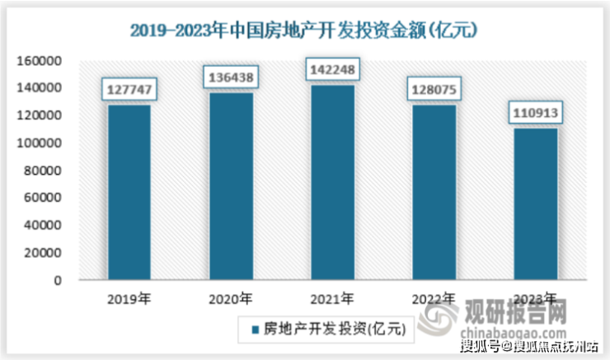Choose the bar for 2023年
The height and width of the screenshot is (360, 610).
click(x=534, y=203)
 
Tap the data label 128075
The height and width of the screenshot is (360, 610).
click(x=434, y=89)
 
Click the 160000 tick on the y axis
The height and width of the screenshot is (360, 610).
click(x=40, y=61)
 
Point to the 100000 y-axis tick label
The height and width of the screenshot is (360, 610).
click(x=40, y=143)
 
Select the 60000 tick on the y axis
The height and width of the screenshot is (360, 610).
click(x=44, y=198)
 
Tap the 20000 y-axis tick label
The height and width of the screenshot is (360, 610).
click(x=44, y=252)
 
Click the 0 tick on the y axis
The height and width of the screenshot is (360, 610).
click(x=59, y=280)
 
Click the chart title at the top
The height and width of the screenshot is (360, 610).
click(x=305, y=30)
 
